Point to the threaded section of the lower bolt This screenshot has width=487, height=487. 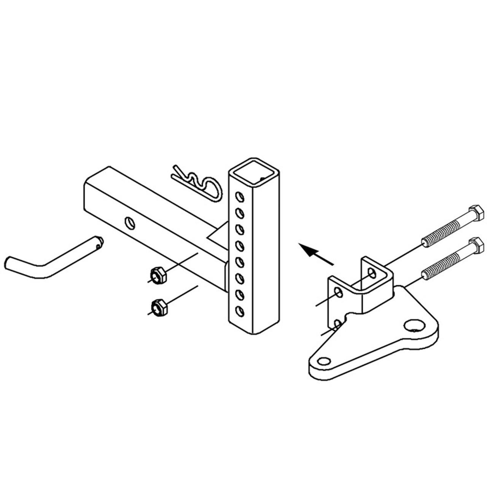tap(441, 265)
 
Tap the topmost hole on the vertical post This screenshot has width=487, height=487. tap(239, 197)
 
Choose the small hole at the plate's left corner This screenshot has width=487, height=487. tap(324, 361)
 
